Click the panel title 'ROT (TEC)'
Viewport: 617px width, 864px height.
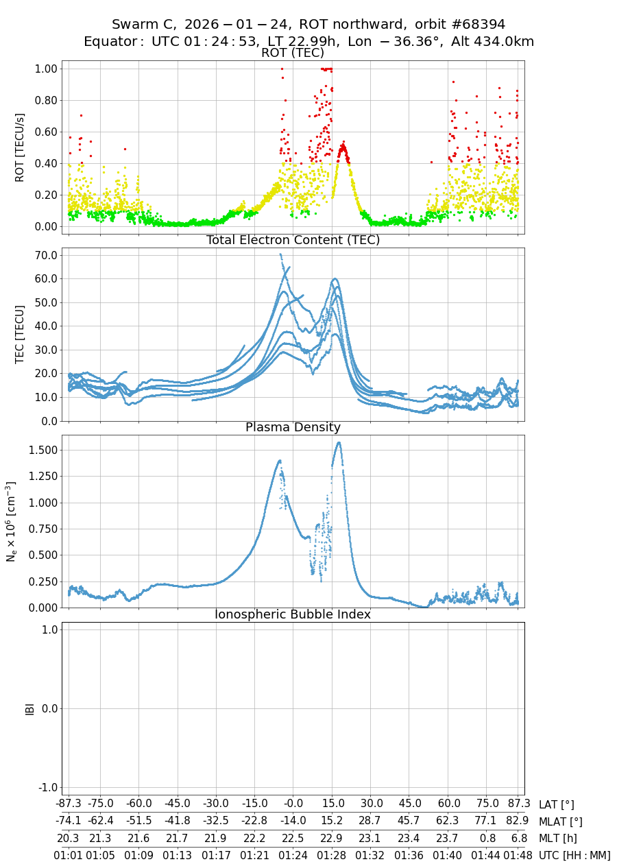pos(293,53)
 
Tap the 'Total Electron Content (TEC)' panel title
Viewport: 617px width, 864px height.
pos(293,240)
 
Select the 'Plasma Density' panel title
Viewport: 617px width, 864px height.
pos(293,427)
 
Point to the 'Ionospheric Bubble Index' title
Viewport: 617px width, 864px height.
pos(293,614)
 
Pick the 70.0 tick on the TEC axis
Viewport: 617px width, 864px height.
pos(45,255)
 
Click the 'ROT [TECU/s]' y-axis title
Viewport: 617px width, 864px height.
pos(21,147)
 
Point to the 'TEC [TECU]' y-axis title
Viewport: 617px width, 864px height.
pos(21,334)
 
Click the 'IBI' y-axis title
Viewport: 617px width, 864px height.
pos(29,708)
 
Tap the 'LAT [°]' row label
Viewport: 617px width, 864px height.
pos(557,805)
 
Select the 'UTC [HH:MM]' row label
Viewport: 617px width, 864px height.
pos(574,855)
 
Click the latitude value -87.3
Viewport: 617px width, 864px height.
pos(69,804)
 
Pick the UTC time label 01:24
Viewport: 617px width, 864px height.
pos(293,855)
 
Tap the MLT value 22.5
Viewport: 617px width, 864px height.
pos(293,838)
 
